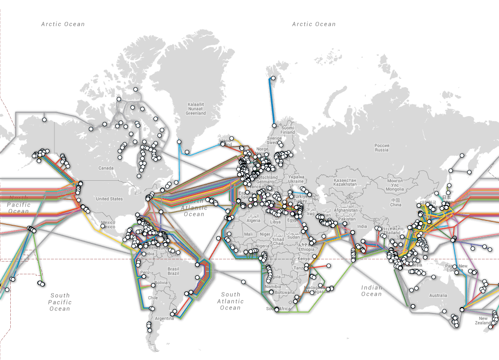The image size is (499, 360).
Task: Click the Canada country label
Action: pyautogui.click(x=106, y=168)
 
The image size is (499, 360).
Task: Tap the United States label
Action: pyautogui.click(x=109, y=199)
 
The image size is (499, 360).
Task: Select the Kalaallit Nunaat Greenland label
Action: pyautogui.click(x=196, y=109)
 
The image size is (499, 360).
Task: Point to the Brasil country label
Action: pyautogui.click(x=173, y=269)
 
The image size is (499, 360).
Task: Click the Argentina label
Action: pyautogui.click(x=164, y=318)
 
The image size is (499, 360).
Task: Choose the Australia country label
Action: pyautogui.click(x=438, y=295)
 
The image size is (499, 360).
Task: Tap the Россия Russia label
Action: pyautogui.click(x=381, y=147)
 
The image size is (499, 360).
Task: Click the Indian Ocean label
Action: pyautogui.click(x=372, y=290)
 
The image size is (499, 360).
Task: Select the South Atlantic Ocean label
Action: pyautogui.click(x=230, y=301)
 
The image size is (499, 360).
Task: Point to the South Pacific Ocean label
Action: pyautogui.click(x=60, y=302)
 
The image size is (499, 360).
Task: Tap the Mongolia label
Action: pyautogui.click(x=395, y=187)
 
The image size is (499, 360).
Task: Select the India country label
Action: pyautogui.click(x=362, y=226)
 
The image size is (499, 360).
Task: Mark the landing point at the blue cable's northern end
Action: pyautogui.click(x=273, y=78)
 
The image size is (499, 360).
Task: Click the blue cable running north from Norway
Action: pyautogui.click(x=272, y=103)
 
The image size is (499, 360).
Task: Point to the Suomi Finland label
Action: pyautogui.click(x=288, y=130)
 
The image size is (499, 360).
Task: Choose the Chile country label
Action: pyautogui.click(x=152, y=298)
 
